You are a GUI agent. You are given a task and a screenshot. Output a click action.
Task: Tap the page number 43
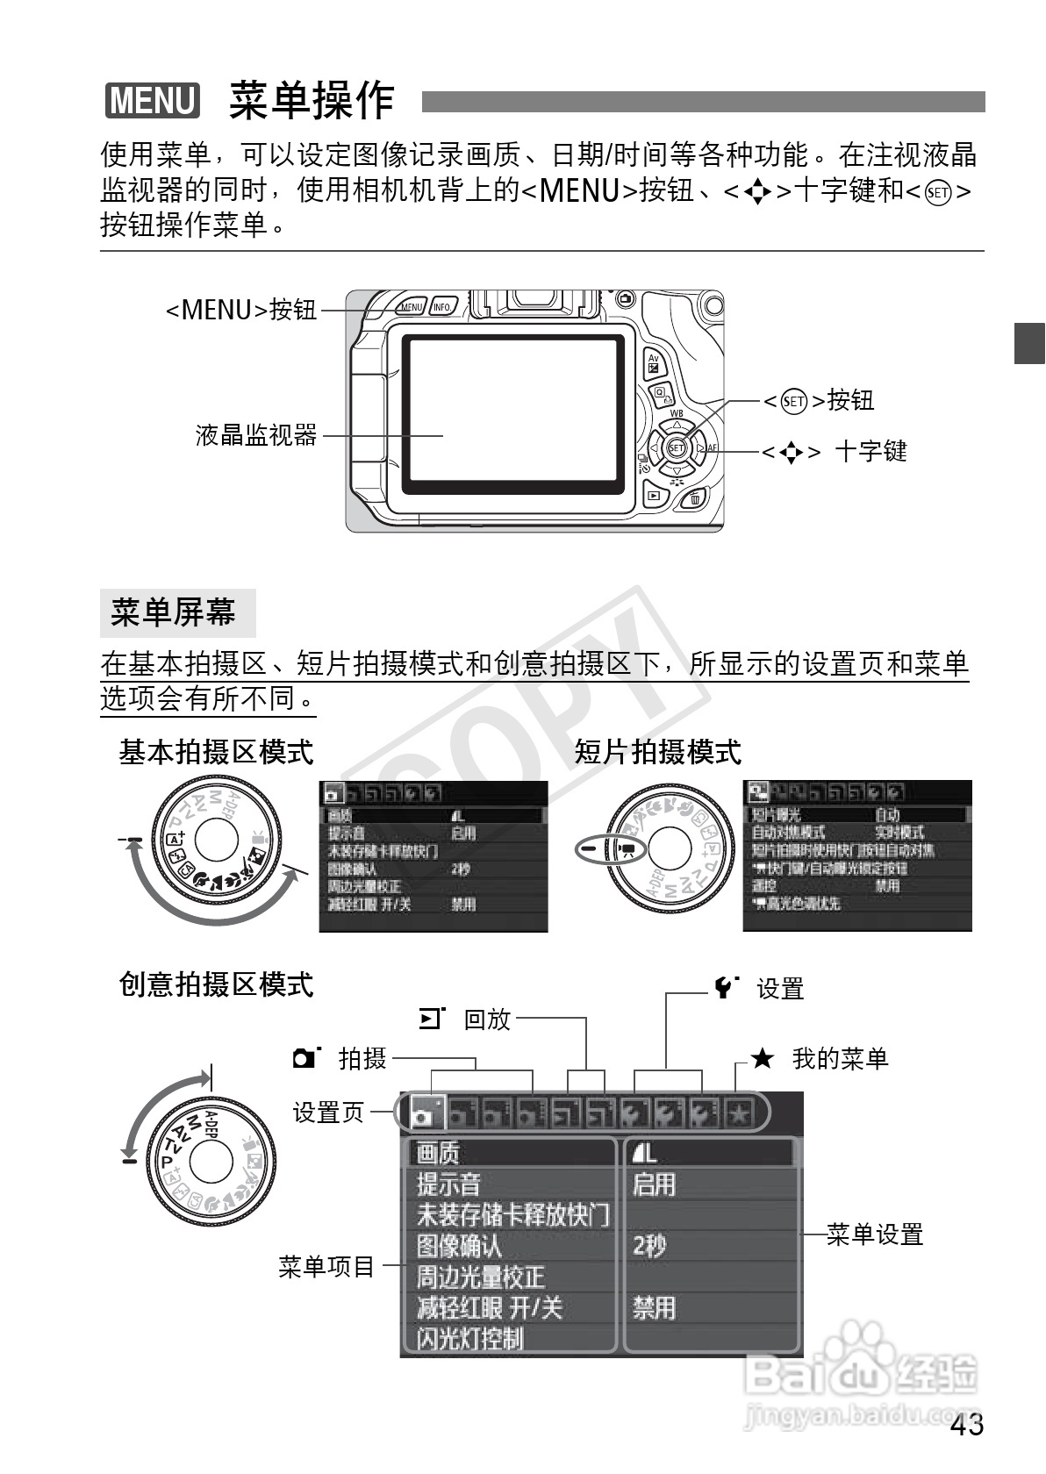pos(966,1425)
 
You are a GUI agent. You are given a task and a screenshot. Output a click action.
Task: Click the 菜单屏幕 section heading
pos(174,612)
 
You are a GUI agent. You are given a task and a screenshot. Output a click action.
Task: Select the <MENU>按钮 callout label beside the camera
pos(241,310)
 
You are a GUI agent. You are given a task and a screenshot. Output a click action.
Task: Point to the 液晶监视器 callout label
pos(256,434)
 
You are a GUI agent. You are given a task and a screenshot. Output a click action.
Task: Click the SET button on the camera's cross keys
pos(676,447)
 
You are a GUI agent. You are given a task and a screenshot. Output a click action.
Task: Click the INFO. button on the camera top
pos(442,307)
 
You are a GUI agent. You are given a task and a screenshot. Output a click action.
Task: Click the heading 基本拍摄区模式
pos(216,752)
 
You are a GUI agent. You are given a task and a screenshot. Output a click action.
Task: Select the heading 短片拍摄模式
pos(658,752)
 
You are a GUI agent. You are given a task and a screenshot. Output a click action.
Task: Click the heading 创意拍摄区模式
pos(216,984)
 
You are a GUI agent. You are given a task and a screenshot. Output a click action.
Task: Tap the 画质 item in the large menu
pos(438,1152)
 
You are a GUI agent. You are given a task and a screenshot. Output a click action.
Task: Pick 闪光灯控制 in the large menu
pos(470,1339)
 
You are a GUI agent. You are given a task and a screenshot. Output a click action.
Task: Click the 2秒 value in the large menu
pos(650,1245)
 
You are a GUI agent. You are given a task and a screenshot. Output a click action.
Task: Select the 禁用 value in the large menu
pos(655,1307)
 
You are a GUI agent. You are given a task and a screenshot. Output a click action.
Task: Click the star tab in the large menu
pos(739,1114)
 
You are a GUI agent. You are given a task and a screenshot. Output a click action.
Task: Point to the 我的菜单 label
pos(840,1058)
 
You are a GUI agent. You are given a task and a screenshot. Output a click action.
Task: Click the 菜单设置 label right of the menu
pos(875,1235)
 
